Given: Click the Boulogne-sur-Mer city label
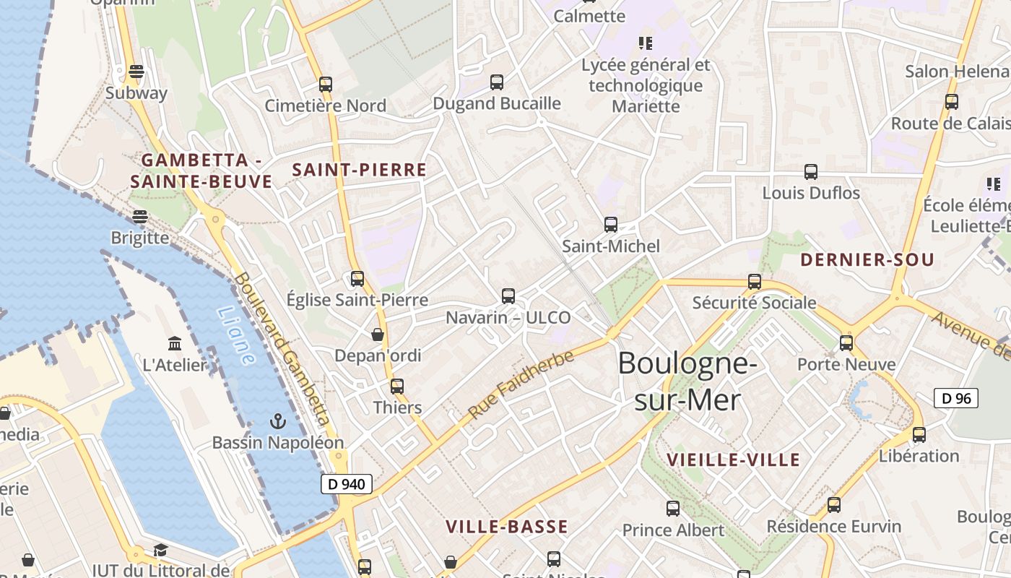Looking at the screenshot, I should (687, 381).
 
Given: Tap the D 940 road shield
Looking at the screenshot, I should (347, 484).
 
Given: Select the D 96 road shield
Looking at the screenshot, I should (955, 398).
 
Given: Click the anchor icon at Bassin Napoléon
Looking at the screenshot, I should (277, 420).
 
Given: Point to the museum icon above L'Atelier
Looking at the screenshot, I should (174, 343).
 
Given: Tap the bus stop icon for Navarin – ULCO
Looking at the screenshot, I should (508, 296).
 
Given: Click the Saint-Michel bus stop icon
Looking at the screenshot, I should (611, 224).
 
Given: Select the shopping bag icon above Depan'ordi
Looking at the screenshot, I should (377, 335).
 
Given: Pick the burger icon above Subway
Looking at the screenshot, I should (136, 72).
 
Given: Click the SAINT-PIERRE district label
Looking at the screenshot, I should (359, 171).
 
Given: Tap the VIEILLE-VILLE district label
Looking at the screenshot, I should (733, 460).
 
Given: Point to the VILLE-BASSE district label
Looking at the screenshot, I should (506, 527).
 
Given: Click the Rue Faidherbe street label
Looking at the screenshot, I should (521, 384).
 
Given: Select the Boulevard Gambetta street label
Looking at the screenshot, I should (282, 348).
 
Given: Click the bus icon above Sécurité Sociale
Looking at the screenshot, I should (755, 281).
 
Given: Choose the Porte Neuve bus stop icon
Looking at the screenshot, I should (846, 342).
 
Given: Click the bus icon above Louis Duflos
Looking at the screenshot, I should (811, 172).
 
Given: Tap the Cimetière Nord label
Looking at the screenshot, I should (325, 105).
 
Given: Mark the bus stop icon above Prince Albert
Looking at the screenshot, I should (673, 509).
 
